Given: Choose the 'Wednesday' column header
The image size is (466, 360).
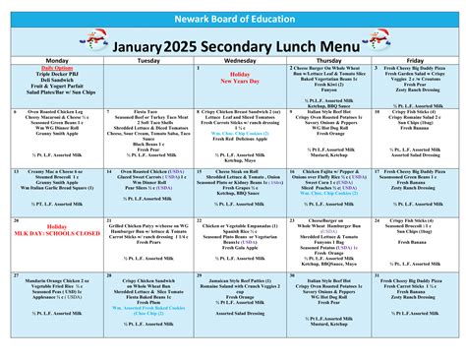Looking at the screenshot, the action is [233, 60].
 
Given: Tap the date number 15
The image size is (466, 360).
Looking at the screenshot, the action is [199, 170].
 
